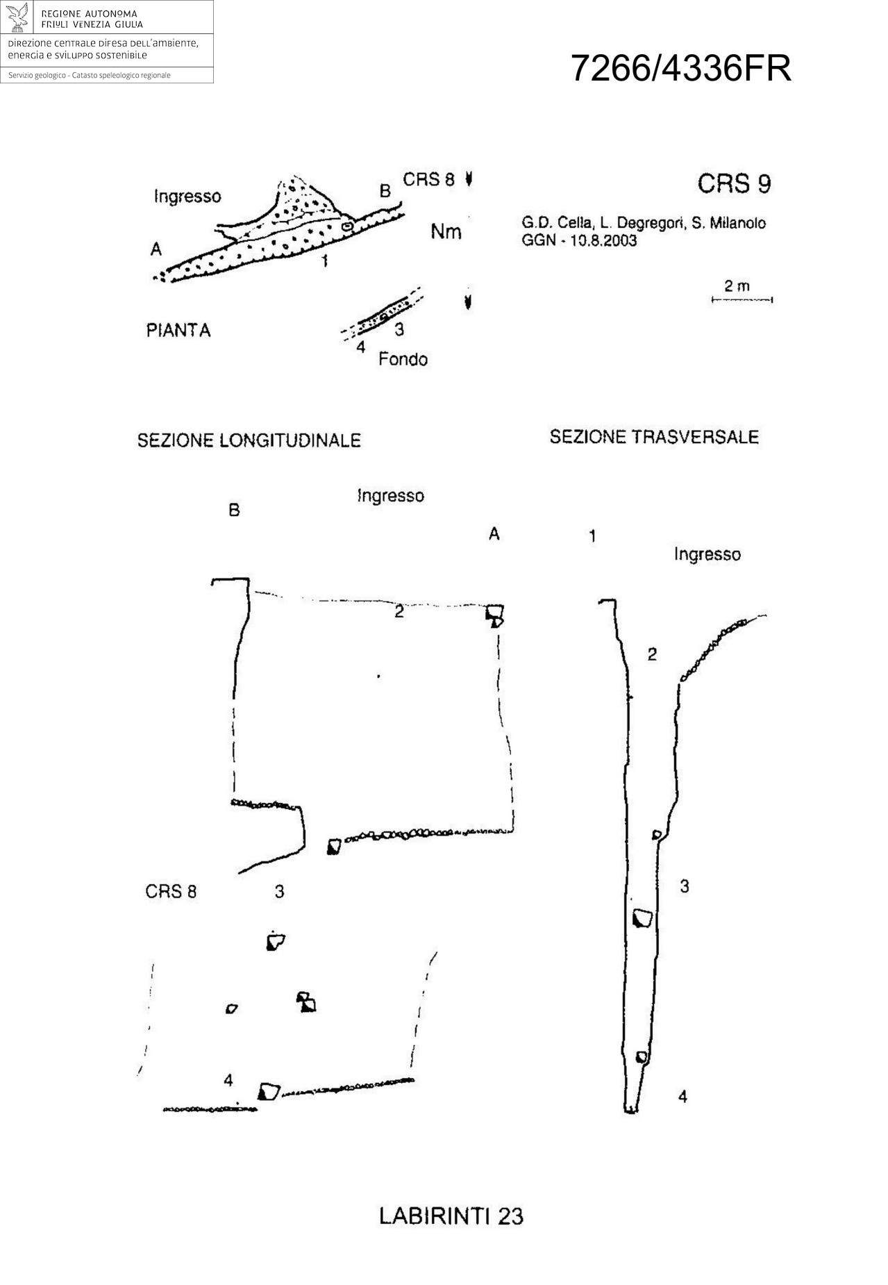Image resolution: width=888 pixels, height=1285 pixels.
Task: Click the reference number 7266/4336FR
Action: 680,69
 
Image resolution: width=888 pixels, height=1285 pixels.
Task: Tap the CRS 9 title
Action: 734,183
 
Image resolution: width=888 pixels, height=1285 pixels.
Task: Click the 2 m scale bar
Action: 742,299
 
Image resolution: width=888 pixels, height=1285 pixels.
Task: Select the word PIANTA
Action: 178,331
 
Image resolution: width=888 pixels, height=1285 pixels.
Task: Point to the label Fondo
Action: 403,359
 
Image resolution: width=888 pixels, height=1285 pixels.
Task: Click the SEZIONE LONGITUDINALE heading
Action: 249,440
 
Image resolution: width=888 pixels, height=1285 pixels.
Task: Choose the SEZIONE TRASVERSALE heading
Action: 654,437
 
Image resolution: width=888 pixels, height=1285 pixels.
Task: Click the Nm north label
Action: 446,231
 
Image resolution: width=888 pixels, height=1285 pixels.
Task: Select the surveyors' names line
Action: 644,224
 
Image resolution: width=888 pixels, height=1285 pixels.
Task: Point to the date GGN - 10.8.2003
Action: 579,241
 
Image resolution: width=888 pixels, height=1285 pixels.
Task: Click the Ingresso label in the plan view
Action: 187,197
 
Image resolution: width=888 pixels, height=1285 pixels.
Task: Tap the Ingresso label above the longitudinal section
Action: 390,496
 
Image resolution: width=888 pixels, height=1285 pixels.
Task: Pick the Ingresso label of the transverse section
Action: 707,554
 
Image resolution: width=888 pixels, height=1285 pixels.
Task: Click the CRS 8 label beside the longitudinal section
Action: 171,891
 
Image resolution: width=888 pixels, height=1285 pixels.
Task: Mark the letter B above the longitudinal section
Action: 234,511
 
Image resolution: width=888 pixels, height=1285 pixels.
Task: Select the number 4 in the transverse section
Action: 682,1096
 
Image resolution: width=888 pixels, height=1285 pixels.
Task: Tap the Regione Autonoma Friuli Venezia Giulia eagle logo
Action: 18,17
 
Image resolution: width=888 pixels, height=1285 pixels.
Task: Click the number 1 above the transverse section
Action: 592,536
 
